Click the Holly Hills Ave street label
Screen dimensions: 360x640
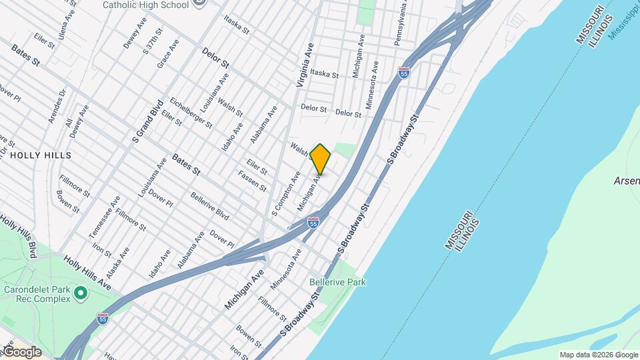(x=87, y=271)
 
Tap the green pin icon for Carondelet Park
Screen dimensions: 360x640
(x=81, y=293)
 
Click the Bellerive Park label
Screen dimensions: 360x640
(x=337, y=282)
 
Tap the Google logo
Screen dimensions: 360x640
(x=21, y=351)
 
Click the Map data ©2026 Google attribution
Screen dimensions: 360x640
(x=598, y=355)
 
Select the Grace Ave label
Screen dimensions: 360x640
(x=168, y=54)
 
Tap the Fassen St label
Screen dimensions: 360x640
(x=252, y=181)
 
